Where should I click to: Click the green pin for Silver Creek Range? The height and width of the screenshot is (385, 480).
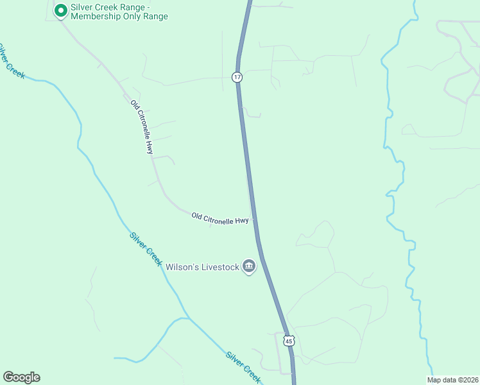(60, 10)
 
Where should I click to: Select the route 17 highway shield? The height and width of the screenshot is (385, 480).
(237, 77)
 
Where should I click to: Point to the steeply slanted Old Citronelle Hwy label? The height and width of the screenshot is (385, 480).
(142, 126)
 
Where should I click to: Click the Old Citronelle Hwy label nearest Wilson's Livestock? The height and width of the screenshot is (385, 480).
(220, 219)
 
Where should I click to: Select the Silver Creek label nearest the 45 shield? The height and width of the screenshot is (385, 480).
(243, 368)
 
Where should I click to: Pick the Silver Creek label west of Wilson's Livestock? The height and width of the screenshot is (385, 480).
(146, 248)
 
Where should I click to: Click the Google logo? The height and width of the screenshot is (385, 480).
(21, 377)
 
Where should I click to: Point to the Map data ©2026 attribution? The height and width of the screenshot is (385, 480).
(452, 380)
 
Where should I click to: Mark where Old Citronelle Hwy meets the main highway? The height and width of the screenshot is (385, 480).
(253, 219)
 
